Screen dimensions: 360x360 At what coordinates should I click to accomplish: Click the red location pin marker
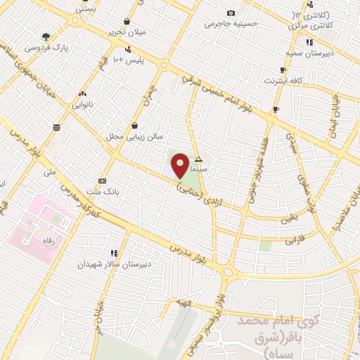click(181, 165)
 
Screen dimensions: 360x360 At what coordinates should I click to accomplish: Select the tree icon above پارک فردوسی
click(46, 37)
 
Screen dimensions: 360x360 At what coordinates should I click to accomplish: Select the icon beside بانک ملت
click(103, 180)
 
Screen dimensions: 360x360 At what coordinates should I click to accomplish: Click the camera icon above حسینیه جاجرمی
click(231, 13)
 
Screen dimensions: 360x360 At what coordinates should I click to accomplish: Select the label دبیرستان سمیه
click(304, 53)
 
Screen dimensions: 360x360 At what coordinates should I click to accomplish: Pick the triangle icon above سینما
click(199, 159)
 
